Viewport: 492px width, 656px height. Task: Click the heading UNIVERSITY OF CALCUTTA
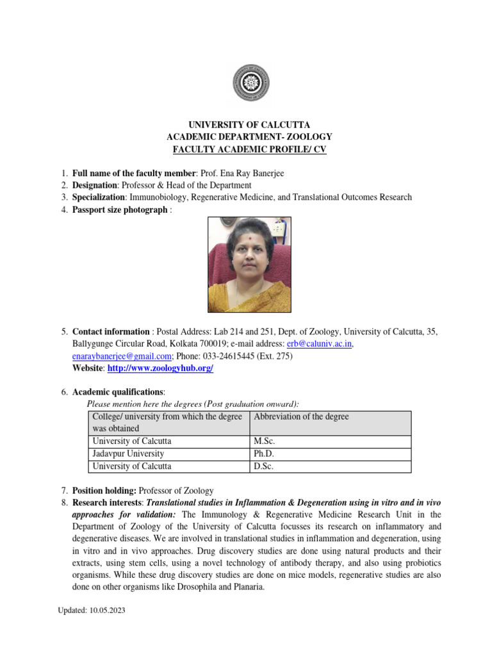pos(249,125)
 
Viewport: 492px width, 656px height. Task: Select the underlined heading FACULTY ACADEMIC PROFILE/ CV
pos(249,149)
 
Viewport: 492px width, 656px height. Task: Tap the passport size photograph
pos(249,264)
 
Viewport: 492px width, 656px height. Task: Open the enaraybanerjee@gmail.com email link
pos(122,356)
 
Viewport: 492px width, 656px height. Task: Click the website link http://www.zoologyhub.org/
pos(160,368)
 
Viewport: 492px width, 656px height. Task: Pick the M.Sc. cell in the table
pos(265,441)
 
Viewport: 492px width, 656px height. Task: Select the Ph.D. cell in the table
pos(264,454)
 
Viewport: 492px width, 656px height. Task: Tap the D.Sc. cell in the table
pos(264,466)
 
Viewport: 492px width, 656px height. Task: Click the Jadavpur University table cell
pos(128,454)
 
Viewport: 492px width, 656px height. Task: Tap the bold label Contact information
pos(111,332)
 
